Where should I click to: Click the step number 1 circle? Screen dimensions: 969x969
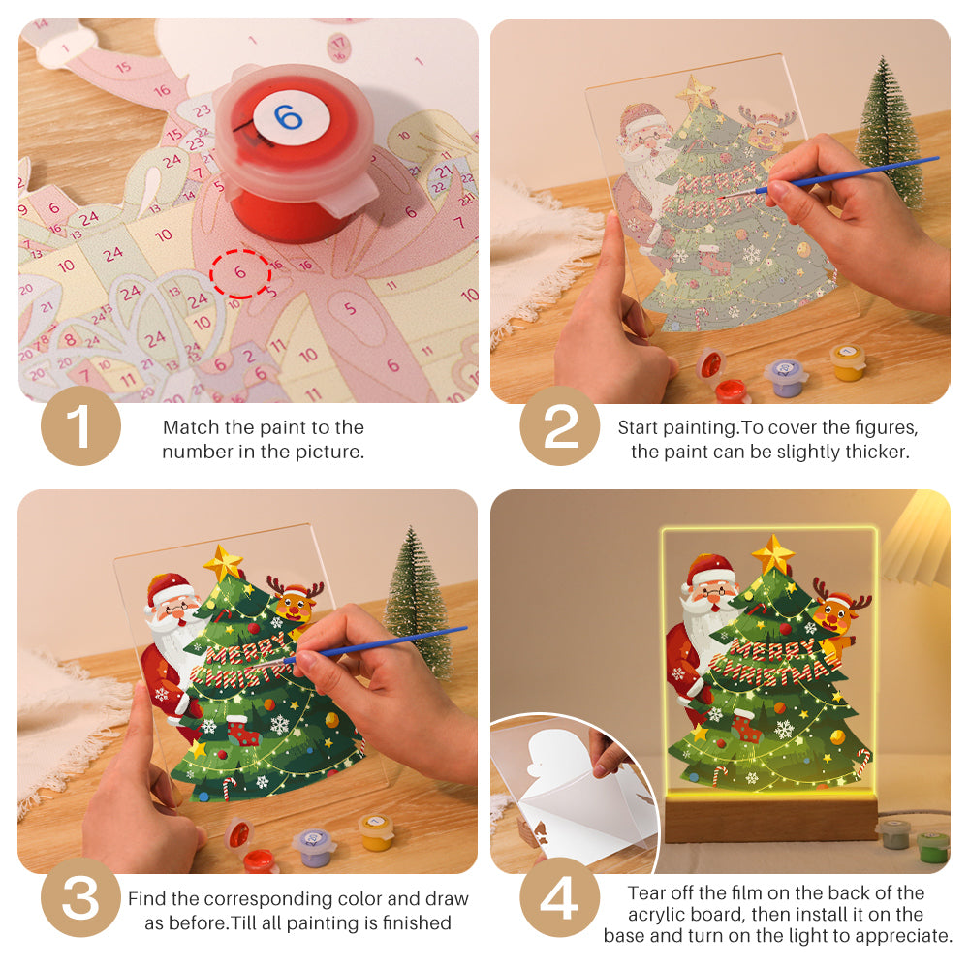tap(80, 427)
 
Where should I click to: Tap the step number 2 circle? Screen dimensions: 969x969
tap(560, 427)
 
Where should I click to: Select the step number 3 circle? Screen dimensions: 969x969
tap(80, 900)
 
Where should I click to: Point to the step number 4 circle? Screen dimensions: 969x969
tap(560, 900)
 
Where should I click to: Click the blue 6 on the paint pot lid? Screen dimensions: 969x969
tap(288, 118)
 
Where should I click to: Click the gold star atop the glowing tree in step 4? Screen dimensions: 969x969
tap(772, 554)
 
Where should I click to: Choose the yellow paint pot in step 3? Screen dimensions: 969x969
tap(375, 831)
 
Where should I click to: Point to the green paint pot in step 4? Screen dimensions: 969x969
tap(932, 845)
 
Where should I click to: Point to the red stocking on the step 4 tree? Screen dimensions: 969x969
tap(744, 724)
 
